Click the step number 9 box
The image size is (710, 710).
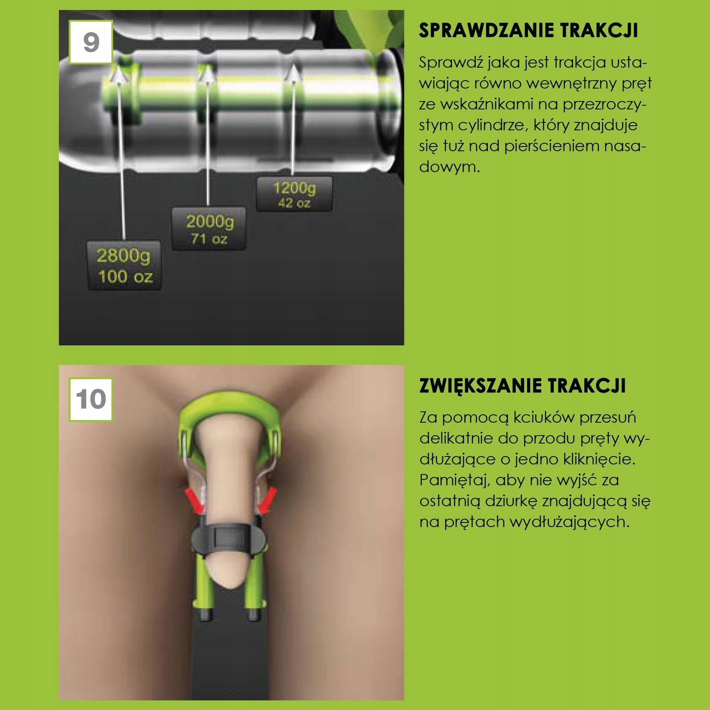click(x=91, y=42)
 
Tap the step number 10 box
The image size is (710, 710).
click(x=91, y=400)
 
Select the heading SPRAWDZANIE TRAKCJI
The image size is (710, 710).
click(x=528, y=30)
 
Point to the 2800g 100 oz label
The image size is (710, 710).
click(x=124, y=266)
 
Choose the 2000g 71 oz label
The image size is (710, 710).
click(x=209, y=229)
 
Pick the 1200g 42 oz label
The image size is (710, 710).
click(x=294, y=194)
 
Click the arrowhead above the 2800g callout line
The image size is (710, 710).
click(x=119, y=76)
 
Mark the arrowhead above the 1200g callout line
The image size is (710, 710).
click(x=294, y=72)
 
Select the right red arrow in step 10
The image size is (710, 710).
click(x=265, y=501)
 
